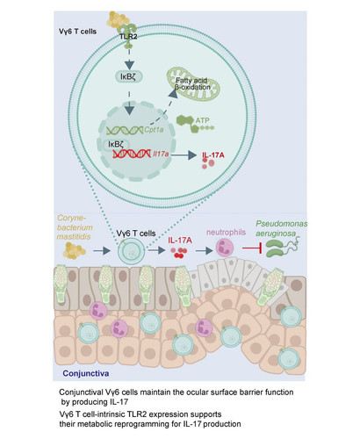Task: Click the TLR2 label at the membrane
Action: pos(128,37)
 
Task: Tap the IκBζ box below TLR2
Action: pos(128,76)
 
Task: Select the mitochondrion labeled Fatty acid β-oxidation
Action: pos(193,83)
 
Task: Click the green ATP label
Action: pos(202,120)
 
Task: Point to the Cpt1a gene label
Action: pos(154,130)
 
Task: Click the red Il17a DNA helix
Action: pos(132,154)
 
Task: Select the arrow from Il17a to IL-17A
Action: pos(184,155)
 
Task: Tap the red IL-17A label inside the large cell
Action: pos(213,155)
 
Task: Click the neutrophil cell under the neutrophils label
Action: pos(225,248)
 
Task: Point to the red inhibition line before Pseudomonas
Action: pos(252,248)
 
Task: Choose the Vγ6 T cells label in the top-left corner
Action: pos(77,32)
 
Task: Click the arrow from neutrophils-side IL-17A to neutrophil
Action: pos(204,250)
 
